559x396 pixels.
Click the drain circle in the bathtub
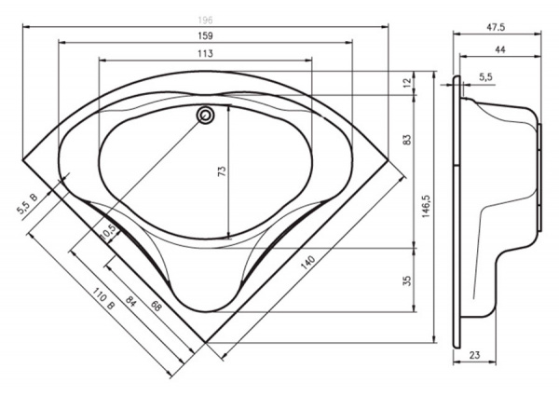pyautogui.click(x=205, y=116)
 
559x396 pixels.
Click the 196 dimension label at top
pyautogui.click(x=205, y=20)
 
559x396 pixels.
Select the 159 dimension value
pyautogui.click(x=205, y=36)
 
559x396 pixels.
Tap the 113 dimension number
pyautogui.click(x=205, y=53)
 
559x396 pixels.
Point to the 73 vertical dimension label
pyautogui.click(x=222, y=171)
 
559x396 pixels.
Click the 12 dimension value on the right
pyautogui.click(x=407, y=81)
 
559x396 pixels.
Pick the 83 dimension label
pyautogui.click(x=407, y=140)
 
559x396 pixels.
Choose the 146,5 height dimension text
pyautogui.click(x=427, y=206)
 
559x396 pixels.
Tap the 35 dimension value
pyautogui.click(x=407, y=280)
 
